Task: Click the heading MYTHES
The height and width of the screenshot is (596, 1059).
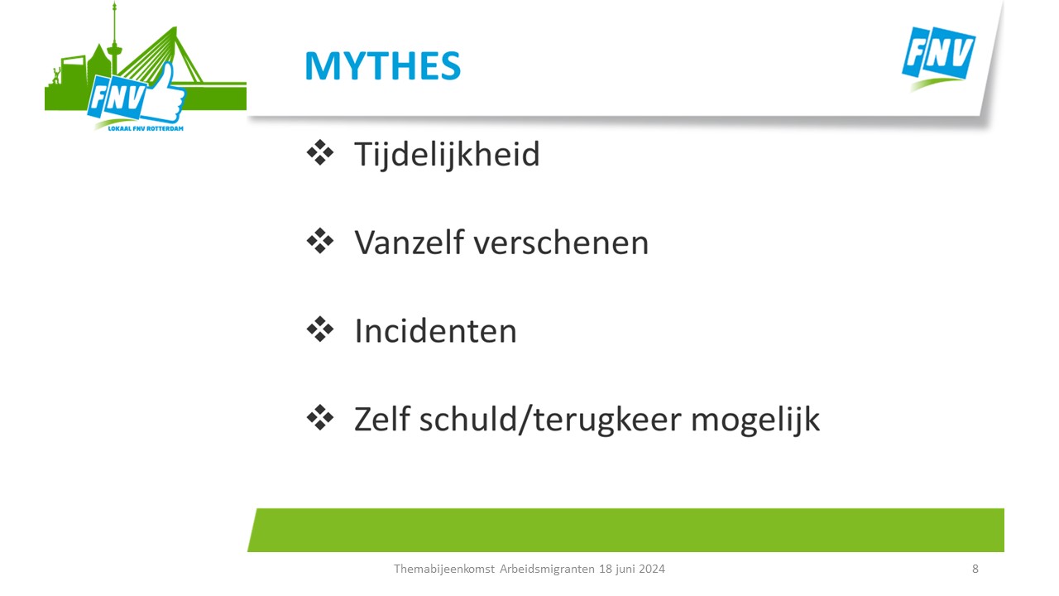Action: click(382, 65)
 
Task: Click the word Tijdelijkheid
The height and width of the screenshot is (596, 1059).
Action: click(447, 154)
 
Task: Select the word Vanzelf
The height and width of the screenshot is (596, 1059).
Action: click(410, 243)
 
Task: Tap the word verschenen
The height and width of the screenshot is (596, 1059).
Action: click(561, 243)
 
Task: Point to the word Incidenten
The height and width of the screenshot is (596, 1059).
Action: click(435, 330)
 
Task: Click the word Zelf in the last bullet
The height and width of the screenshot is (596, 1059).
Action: click(382, 419)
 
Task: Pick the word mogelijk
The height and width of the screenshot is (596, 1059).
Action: click(755, 421)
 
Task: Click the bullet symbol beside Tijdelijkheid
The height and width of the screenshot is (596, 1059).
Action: click(320, 153)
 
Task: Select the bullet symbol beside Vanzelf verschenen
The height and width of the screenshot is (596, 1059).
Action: click(320, 241)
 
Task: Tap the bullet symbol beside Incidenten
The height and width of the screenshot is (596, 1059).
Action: click(320, 329)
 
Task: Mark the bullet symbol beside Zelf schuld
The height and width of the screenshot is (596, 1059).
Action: click(320, 417)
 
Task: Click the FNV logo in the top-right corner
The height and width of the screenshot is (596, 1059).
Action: click(938, 58)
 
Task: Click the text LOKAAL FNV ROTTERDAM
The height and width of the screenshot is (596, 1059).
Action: click(146, 128)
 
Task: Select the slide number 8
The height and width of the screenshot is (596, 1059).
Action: click(975, 569)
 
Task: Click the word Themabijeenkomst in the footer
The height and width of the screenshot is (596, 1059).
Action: click(444, 569)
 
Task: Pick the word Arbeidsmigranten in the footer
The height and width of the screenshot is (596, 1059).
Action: click(547, 569)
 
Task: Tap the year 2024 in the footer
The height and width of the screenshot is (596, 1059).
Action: click(652, 569)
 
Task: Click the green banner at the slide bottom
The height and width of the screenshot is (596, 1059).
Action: click(626, 530)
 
